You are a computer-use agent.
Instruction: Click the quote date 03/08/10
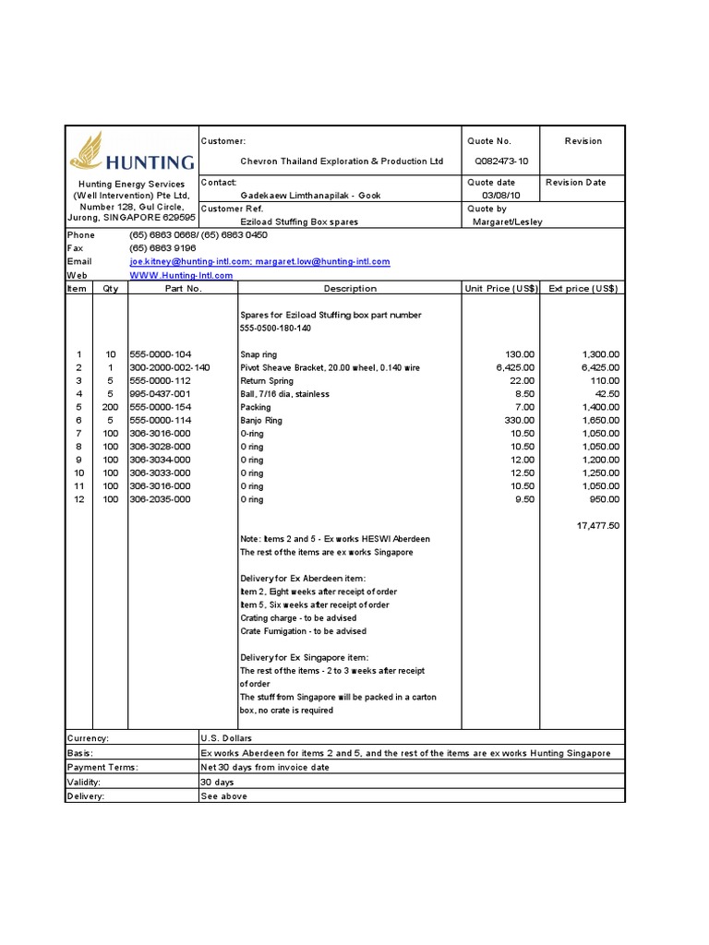click(500, 196)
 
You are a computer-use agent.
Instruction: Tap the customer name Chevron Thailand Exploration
click(342, 161)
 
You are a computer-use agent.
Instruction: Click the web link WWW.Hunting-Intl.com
click(181, 275)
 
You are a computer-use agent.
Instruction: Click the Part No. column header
click(183, 289)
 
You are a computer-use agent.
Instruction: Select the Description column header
click(350, 289)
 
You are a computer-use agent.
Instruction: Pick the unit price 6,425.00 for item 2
click(514, 367)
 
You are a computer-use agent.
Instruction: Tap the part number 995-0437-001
click(161, 394)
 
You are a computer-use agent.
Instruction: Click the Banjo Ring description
click(261, 420)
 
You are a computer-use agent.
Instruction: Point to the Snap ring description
click(258, 354)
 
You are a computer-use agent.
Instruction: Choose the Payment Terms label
click(102, 767)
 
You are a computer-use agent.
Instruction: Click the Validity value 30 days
click(217, 782)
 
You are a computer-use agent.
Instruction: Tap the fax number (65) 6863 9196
click(162, 249)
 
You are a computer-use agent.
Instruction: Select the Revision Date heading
click(575, 183)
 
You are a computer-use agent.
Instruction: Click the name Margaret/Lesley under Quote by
click(508, 221)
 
